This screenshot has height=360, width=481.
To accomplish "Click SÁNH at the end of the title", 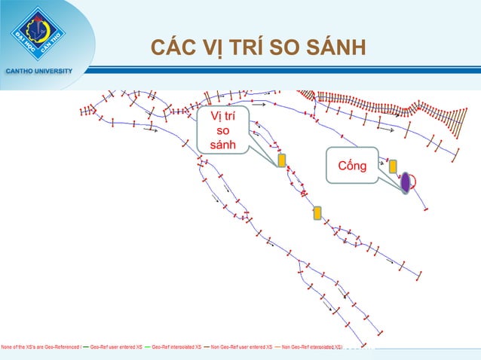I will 339,49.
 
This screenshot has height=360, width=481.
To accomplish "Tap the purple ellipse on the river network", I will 405,182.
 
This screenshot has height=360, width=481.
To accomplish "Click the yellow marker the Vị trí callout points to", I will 282,160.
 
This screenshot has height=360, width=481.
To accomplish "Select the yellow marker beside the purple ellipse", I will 393,166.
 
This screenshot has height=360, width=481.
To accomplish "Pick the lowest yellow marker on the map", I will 317,212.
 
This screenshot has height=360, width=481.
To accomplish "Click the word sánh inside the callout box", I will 222,145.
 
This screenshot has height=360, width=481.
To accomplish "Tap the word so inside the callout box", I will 222,131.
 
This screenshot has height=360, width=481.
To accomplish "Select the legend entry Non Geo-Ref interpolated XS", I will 309,348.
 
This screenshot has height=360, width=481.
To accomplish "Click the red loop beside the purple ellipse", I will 415,180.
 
